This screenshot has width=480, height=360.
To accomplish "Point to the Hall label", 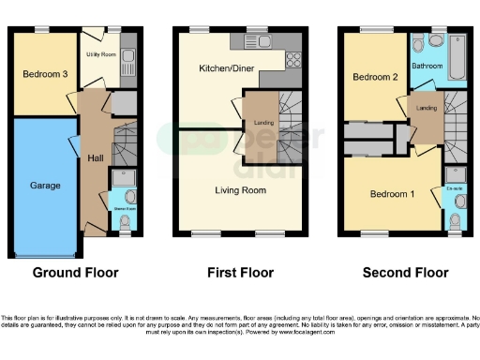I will [x=95, y=157].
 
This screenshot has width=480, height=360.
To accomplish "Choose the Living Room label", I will [x=240, y=190].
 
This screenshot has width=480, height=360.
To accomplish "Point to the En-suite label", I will [x=454, y=189].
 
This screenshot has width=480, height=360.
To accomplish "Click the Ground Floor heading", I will [x=76, y=274].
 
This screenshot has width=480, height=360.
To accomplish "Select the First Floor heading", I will [x=240, y=274].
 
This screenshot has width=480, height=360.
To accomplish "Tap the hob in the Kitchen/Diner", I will [x=292, y=60].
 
